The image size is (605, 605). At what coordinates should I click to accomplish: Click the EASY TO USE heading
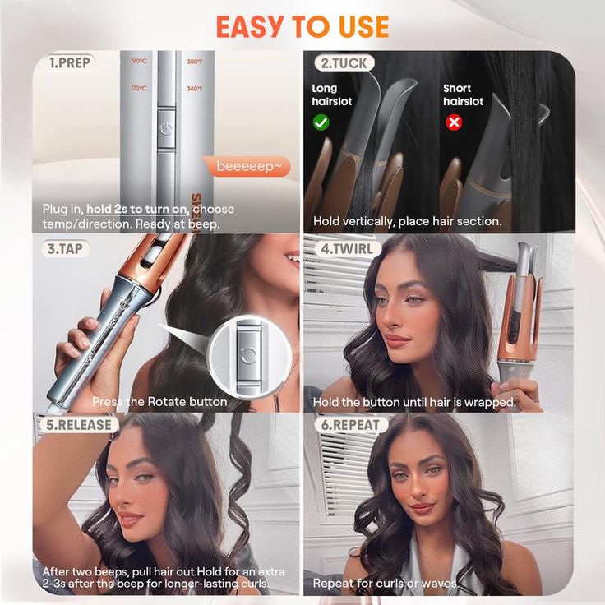pyautogui.click(x=302, y=26)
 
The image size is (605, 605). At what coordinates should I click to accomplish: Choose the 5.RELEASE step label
pyautogui.click(x=76, y=425)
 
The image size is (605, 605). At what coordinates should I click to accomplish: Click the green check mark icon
pyautogui.click(x=321, y=122)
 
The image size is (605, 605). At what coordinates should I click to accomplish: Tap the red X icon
pyautogui.click(x=453, y=122)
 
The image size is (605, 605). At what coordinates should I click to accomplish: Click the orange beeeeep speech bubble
pyautogui.click(x=247, y=166)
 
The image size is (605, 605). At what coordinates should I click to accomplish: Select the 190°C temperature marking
pyautogui.click(x=138, y=62)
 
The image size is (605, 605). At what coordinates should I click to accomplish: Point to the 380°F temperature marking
pyautogui.click(x=194, y=62)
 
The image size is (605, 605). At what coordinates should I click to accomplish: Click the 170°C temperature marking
pyautogui.click(x=138, y=88)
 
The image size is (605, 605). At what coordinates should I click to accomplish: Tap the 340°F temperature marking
pyautogui.click(x=194, y=88)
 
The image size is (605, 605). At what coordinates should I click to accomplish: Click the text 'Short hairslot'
pyautogui.click(x=463, y=95)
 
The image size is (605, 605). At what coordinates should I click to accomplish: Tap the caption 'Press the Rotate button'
pyautogui.click(x=159, y=402)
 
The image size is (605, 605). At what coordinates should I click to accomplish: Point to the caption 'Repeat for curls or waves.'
pyautogui.click(x=386, y=584)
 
